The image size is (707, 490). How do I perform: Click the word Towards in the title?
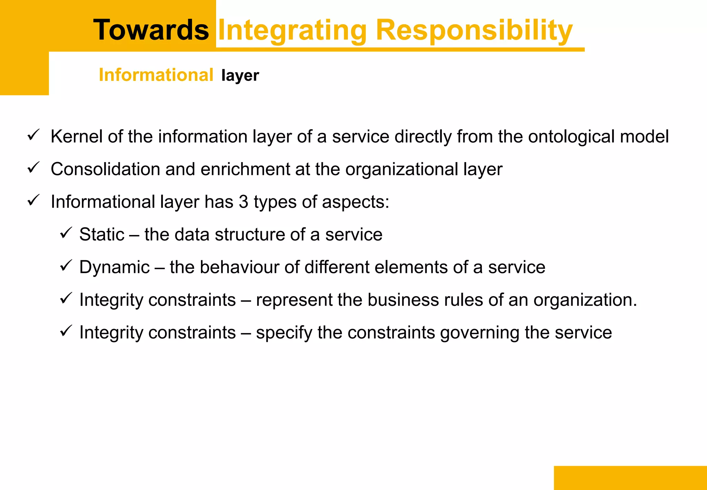tap(151, 30)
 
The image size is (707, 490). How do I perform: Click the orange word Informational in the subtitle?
tap(156, 75)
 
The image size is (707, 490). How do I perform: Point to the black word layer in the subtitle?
tap(240, 76)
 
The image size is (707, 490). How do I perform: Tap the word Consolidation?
tap(105, 169)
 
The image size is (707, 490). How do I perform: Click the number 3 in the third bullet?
tap(243, 202)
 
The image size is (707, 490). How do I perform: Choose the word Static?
tap(101, 235)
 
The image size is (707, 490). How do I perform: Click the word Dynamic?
tap(114, 267)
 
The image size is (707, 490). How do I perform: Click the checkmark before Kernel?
tap(33, 135)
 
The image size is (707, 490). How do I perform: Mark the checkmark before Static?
tap(66, 233)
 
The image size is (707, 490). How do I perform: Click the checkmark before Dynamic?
tap(66, 265)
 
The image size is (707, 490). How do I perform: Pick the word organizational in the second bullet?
tap(401, 170)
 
